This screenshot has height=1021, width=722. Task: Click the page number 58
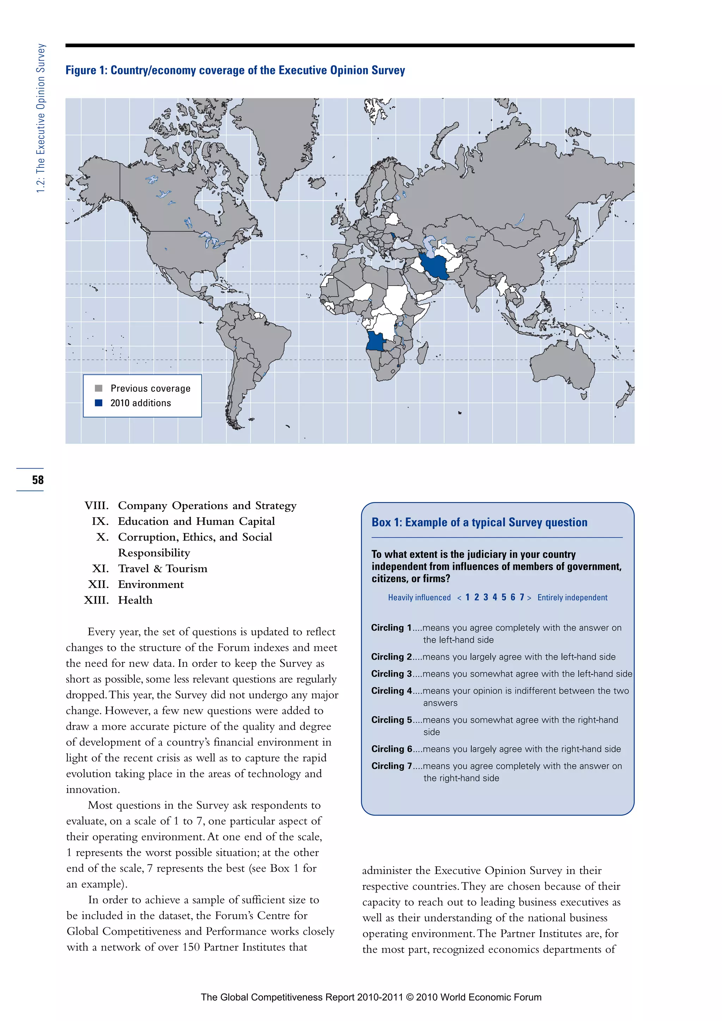click(38, 480)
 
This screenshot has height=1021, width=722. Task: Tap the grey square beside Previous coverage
click(99, 388)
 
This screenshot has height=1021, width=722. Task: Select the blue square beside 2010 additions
click(99, 403)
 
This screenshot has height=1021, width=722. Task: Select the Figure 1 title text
click(235, 70)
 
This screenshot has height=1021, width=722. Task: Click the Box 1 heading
click(479, 522)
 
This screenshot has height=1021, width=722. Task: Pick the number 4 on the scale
click(494, 597)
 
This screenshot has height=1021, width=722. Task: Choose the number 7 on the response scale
click(522, 597)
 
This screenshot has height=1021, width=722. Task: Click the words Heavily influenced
click(419, 598)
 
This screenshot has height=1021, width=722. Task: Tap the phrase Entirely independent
click(572, 598)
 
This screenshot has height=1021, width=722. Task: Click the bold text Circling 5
click(392, 720)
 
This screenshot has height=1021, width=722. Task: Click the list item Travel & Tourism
click(163, 569)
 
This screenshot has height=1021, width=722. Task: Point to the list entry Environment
click(151, 584)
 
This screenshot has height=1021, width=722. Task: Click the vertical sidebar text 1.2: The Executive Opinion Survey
click(41, 118)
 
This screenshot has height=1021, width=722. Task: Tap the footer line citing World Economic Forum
click(371, 997)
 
